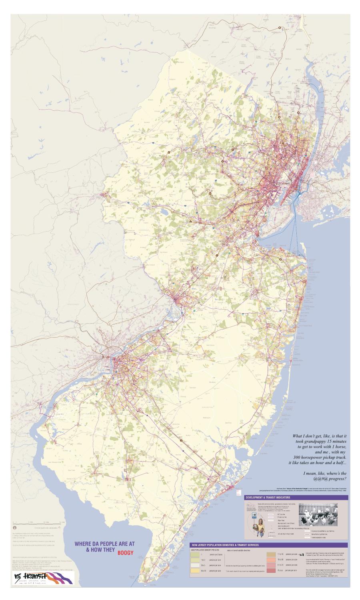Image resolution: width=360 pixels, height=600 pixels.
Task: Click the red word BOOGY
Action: (x=125, y=554)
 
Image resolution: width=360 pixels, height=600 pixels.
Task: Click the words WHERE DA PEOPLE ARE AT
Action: (x=99, y=544)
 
